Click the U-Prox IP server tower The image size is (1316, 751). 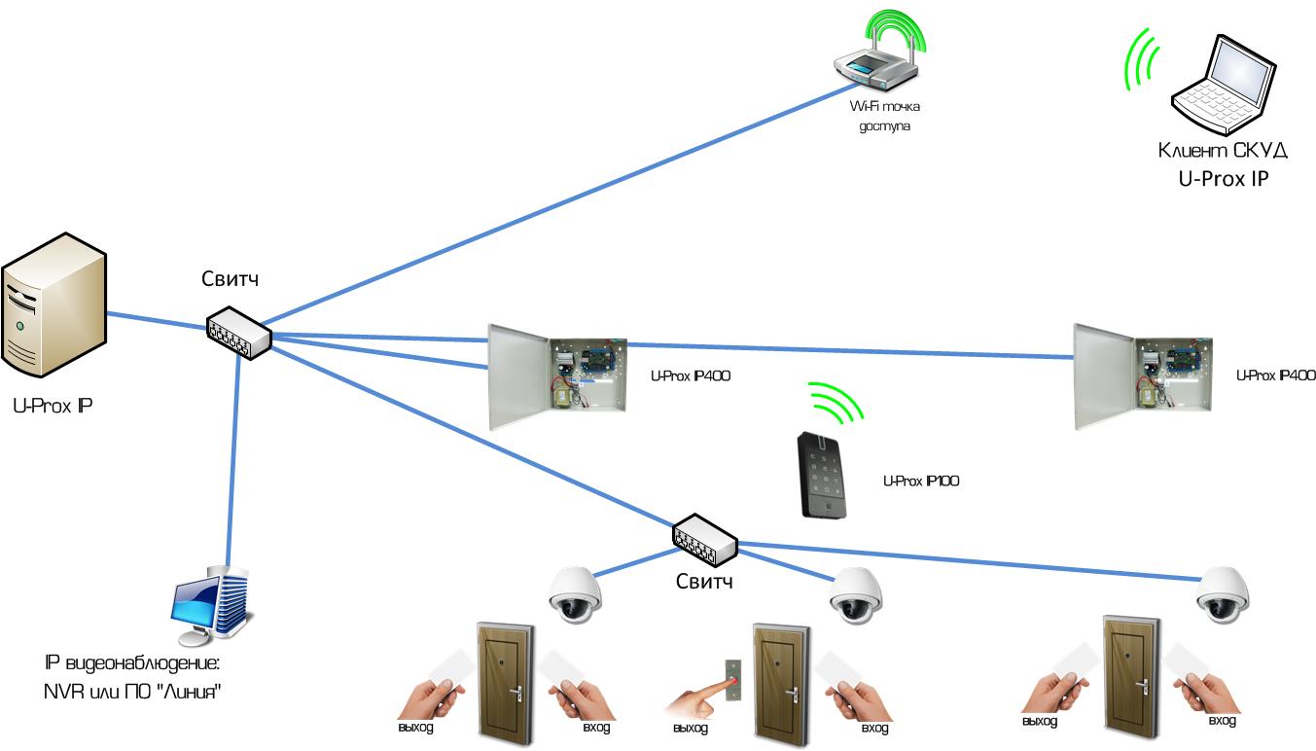point(54,305)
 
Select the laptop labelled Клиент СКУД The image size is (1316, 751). point(1224,86)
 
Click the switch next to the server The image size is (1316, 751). point(239,333)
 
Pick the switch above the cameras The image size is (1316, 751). point(705,541)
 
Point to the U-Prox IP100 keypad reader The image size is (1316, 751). point(822,476)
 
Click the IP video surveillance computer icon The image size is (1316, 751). point(211,606)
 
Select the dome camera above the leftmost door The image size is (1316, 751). point(575,594)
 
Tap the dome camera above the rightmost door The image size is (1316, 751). point(1224,594)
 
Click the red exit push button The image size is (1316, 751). point(733,680)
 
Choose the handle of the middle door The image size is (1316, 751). point(793,695)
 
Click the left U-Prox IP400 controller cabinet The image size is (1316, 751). point(557,376)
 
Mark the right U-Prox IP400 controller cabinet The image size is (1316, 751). point(1143,376)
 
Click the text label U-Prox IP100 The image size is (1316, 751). point(921,482)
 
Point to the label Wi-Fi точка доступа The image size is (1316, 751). point(885,116)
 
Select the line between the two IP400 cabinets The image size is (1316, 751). point(851,350)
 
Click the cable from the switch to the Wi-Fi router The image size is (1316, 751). point(560,204)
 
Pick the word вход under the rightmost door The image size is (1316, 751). point(1222,721)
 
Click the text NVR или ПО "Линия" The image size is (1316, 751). point(133,692)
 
